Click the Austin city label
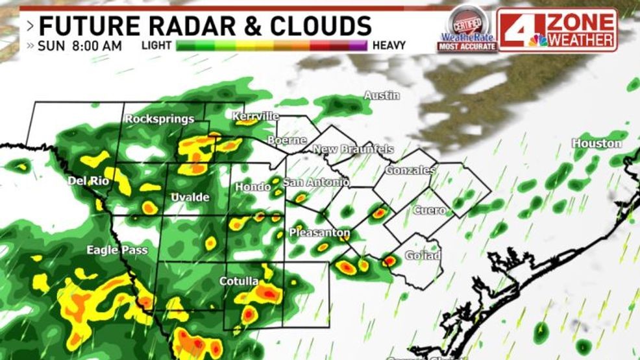point(382,95)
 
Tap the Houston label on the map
point(597,143)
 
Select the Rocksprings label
point(160,119)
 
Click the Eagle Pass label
point(117,250)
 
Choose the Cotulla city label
point(238,282)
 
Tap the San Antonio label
point(316,182)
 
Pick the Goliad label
point(423,256)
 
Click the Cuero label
point(430,210)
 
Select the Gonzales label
point(410,171)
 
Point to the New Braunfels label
point(353,150)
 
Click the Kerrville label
point(256,116)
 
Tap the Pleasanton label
point(319,232)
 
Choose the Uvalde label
point(190,197)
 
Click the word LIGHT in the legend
point(157,45)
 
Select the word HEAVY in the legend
point(389,45)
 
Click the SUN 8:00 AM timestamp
point(80,45)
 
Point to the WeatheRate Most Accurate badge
point(467,29)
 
